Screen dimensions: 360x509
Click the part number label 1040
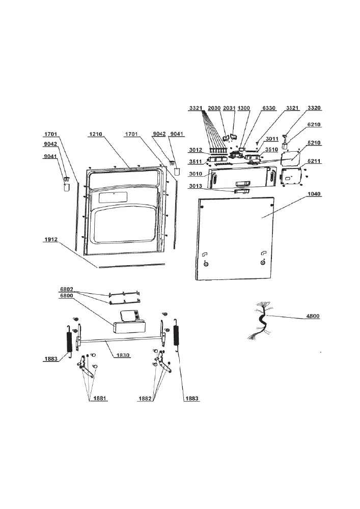click(x=314, y=194)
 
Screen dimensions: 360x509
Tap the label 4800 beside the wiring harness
click(x=313, y=316)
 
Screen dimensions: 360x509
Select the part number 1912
click(x=51, y=240)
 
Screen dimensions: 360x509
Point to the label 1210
click(x=95, y=134)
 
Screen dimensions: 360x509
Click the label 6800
click(x=67, y=295)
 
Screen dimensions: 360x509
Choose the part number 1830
click(x=123, y=355)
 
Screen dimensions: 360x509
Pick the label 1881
click(x=100, y=399)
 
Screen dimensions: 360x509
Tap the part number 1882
click(x=145, y=399)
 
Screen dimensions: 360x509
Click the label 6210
click(x=314, y=124)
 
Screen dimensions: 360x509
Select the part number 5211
click(x=314, y=161)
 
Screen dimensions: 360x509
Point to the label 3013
click(x=196, y=186)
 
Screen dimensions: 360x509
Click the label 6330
click(x=269, y=108)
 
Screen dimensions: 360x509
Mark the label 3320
click(x=314, y=108)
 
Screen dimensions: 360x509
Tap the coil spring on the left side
click(x=69, y=341)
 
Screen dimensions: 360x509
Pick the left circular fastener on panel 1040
click(x=205, y=264)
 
